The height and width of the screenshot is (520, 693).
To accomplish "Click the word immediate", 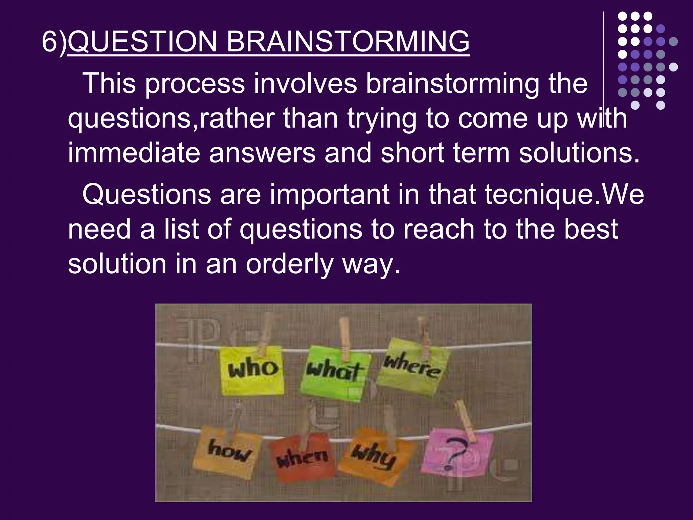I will (134, 153).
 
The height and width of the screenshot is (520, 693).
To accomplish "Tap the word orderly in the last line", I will (290, 265).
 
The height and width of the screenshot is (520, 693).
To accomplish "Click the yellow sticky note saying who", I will (252, 370).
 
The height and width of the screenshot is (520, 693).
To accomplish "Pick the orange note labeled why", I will (374, 456).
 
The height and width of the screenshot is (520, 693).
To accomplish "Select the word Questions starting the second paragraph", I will (146, 195).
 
